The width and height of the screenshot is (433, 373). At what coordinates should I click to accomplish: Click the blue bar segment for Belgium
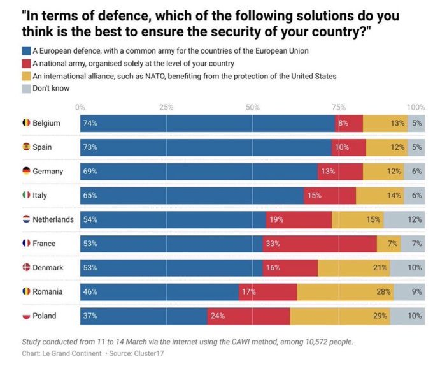coord(207,123)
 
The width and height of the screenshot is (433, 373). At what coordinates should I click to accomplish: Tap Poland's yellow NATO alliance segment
coord(340,316)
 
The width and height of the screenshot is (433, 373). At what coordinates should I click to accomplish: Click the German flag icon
coord(26,171)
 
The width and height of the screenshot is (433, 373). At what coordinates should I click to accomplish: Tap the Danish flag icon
coord(26,268)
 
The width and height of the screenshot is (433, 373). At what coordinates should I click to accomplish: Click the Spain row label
coord(42,147)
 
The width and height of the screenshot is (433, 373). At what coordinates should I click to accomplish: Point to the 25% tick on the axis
coord(166,107)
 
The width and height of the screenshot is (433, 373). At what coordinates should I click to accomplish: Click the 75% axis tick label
coord(338,107)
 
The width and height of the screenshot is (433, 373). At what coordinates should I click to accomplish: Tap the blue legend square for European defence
coord(26,50)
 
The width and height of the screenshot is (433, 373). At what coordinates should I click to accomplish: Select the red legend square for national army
coord(26,63)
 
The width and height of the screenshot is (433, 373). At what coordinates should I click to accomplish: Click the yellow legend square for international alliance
coord(26,76)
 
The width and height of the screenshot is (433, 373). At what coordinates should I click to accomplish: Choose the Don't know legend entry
coord(51,89)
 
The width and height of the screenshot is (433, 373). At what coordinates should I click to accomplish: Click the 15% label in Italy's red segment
coord(314,195)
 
